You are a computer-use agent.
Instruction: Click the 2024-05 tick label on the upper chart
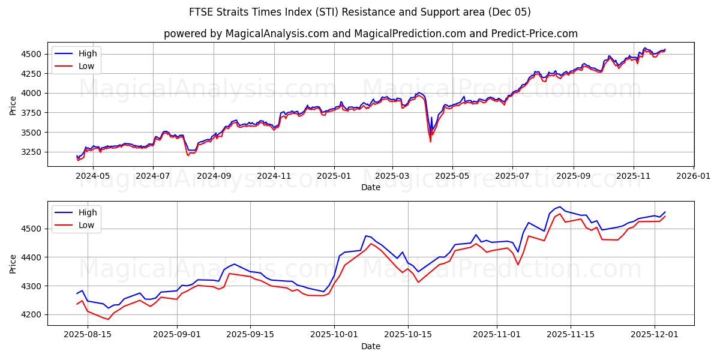[93, 176]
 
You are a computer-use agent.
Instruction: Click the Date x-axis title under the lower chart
[370, 347]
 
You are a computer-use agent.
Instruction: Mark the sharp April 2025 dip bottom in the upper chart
[430, 142]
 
